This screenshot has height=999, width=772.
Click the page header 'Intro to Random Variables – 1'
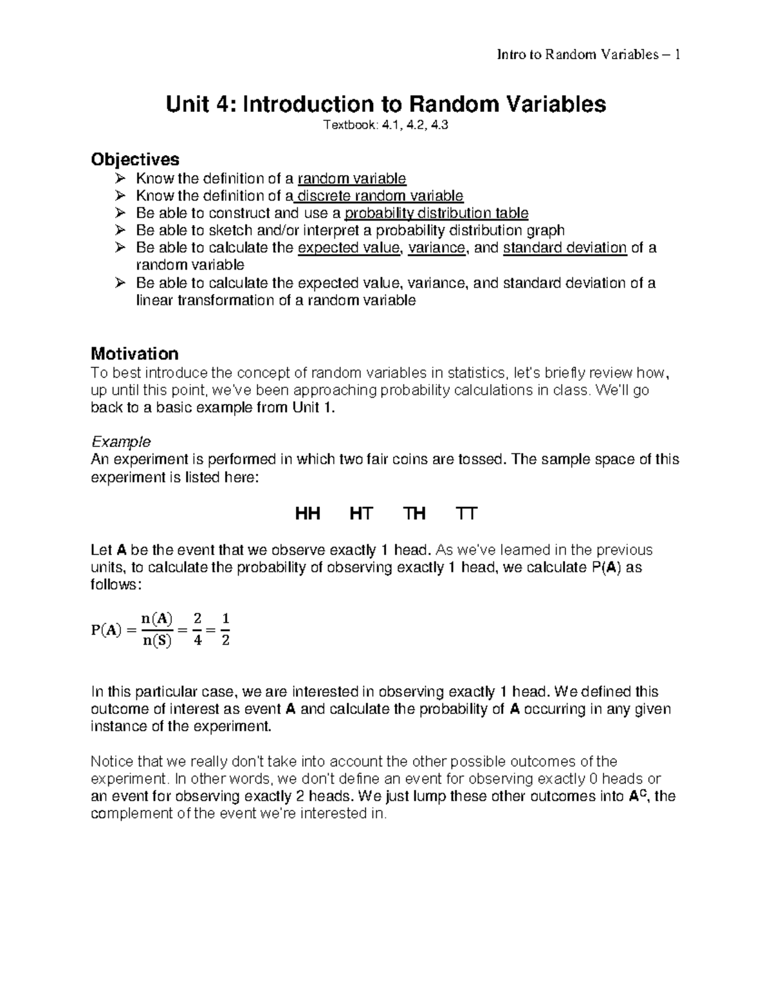click(x=589, y=55)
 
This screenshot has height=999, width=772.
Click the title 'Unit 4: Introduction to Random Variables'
click(x=386, y=104)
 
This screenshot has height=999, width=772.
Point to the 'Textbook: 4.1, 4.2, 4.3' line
click(x=386, y=126)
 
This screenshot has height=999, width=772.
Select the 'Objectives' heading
click(x=135, y=159)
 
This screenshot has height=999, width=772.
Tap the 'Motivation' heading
click(x=134, y=353)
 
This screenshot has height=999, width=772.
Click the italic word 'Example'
click(x=121, y=441)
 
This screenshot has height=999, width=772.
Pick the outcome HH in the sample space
click(x=308, y=513)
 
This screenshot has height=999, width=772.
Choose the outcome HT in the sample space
click(x=361, y=513)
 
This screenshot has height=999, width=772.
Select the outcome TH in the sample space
click(x=414, y=513)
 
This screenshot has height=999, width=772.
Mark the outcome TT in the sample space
click(x=466, y=513)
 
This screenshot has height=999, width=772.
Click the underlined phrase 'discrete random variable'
click(x=380, y=196)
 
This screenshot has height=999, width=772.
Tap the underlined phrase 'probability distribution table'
click(x=437, y=213)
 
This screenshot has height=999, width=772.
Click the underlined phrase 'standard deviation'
click(x=565, y=248)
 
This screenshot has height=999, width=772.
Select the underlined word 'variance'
click(x=436, y=248)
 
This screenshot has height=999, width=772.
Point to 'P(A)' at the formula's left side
click(x=106, y=630)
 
